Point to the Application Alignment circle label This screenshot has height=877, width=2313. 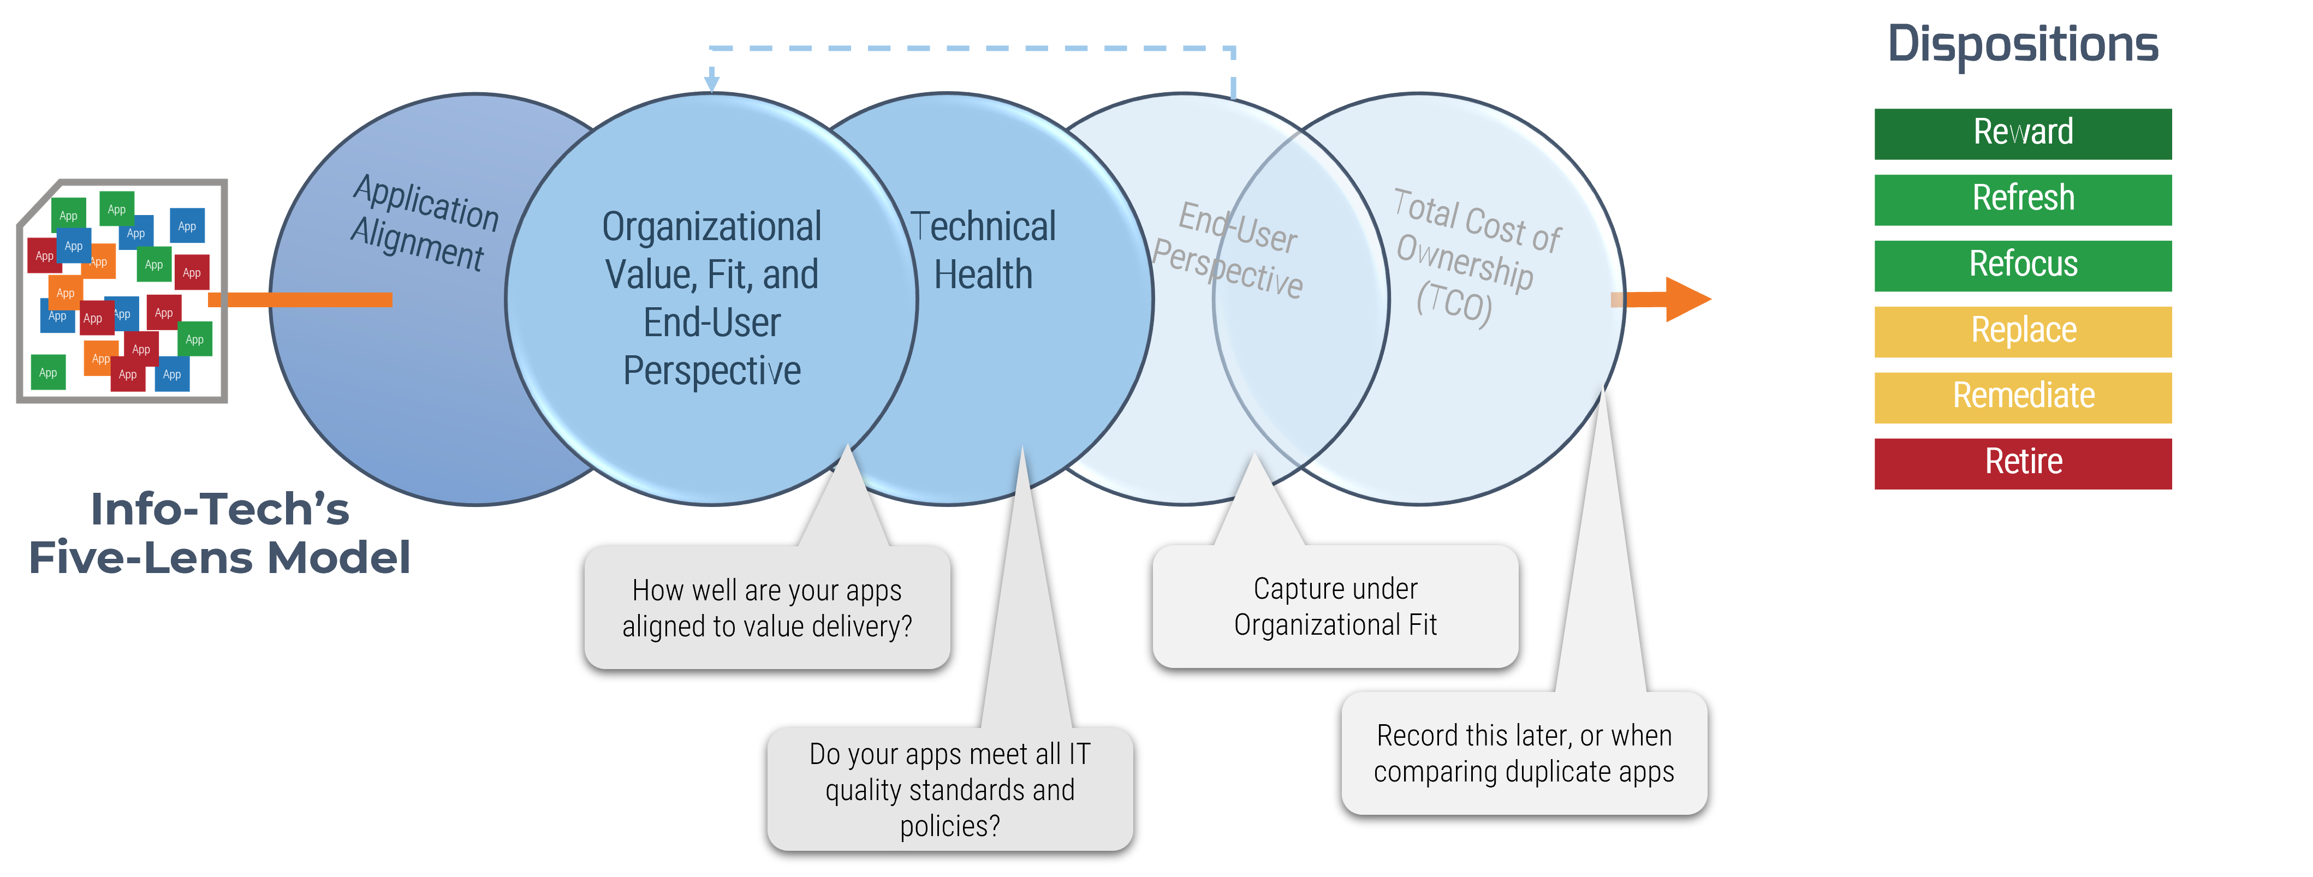pyautogui.click(x=423, y=223)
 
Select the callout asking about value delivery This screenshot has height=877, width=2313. pyautogui.click(x=767, y=608)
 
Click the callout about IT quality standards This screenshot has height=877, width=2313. pyautogui.click(x=949, y=789)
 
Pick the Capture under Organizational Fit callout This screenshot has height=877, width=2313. pyautogui.click(x=1335, y=607)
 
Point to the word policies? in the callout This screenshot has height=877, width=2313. pyautogui.click(x=949, y=825)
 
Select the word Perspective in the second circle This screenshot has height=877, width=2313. pyautogui.click(x=711, y=371)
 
